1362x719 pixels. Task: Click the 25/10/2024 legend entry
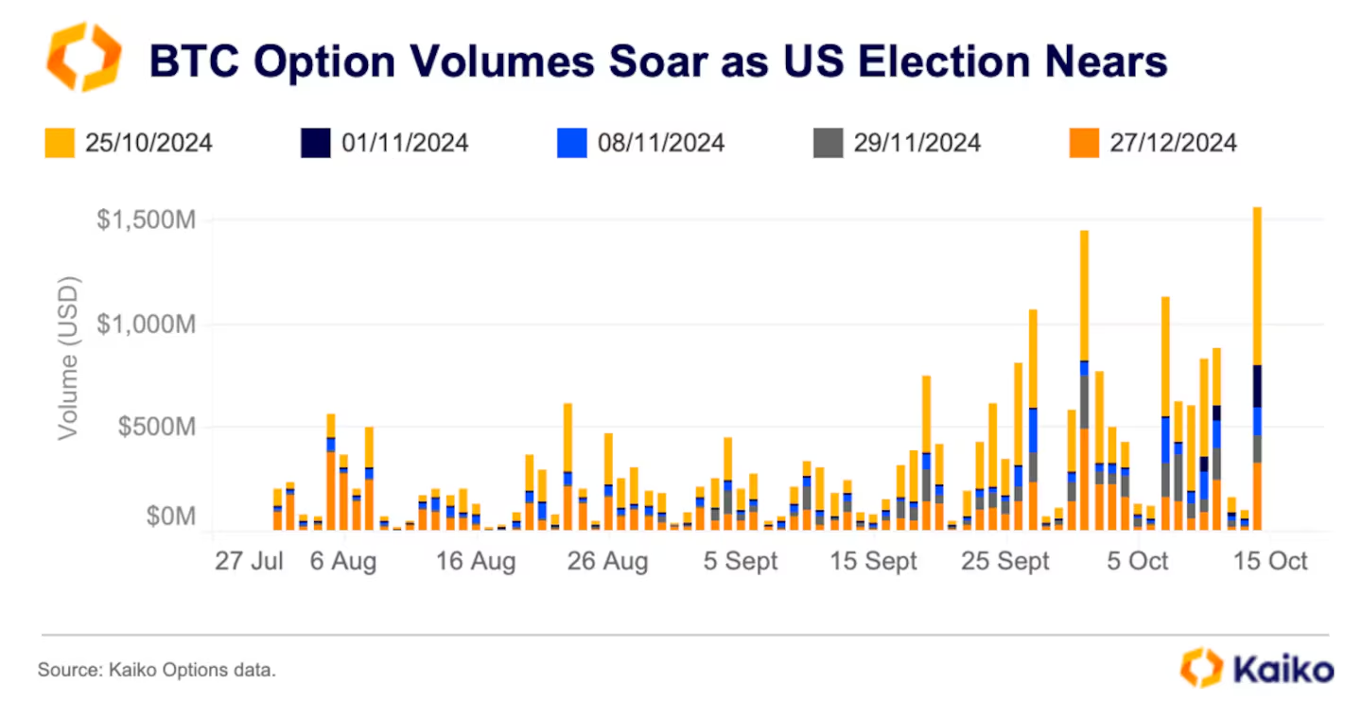pos(130,143)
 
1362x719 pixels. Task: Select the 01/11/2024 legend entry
pos(386,143)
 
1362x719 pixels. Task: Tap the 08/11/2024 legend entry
pos(641,143)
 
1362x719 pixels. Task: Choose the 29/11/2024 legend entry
pos(898,143)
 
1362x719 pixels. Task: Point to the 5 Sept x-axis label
pos(740,561)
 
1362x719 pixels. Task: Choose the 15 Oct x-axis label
pos(1271,561)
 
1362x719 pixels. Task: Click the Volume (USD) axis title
pos(68,358)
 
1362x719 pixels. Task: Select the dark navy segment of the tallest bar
pos(1257,386)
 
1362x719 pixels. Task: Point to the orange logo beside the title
pos(83,58)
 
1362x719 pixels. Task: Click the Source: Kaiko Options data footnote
pos(157,671)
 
